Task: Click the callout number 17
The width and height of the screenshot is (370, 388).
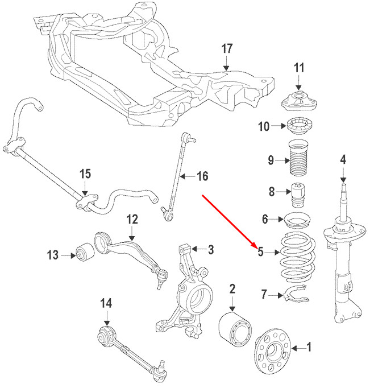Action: point(227,49)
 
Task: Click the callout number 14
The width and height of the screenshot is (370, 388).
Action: point(106,303)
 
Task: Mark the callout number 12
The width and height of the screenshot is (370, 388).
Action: point(132,218)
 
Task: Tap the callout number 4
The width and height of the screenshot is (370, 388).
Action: point(343,159)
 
